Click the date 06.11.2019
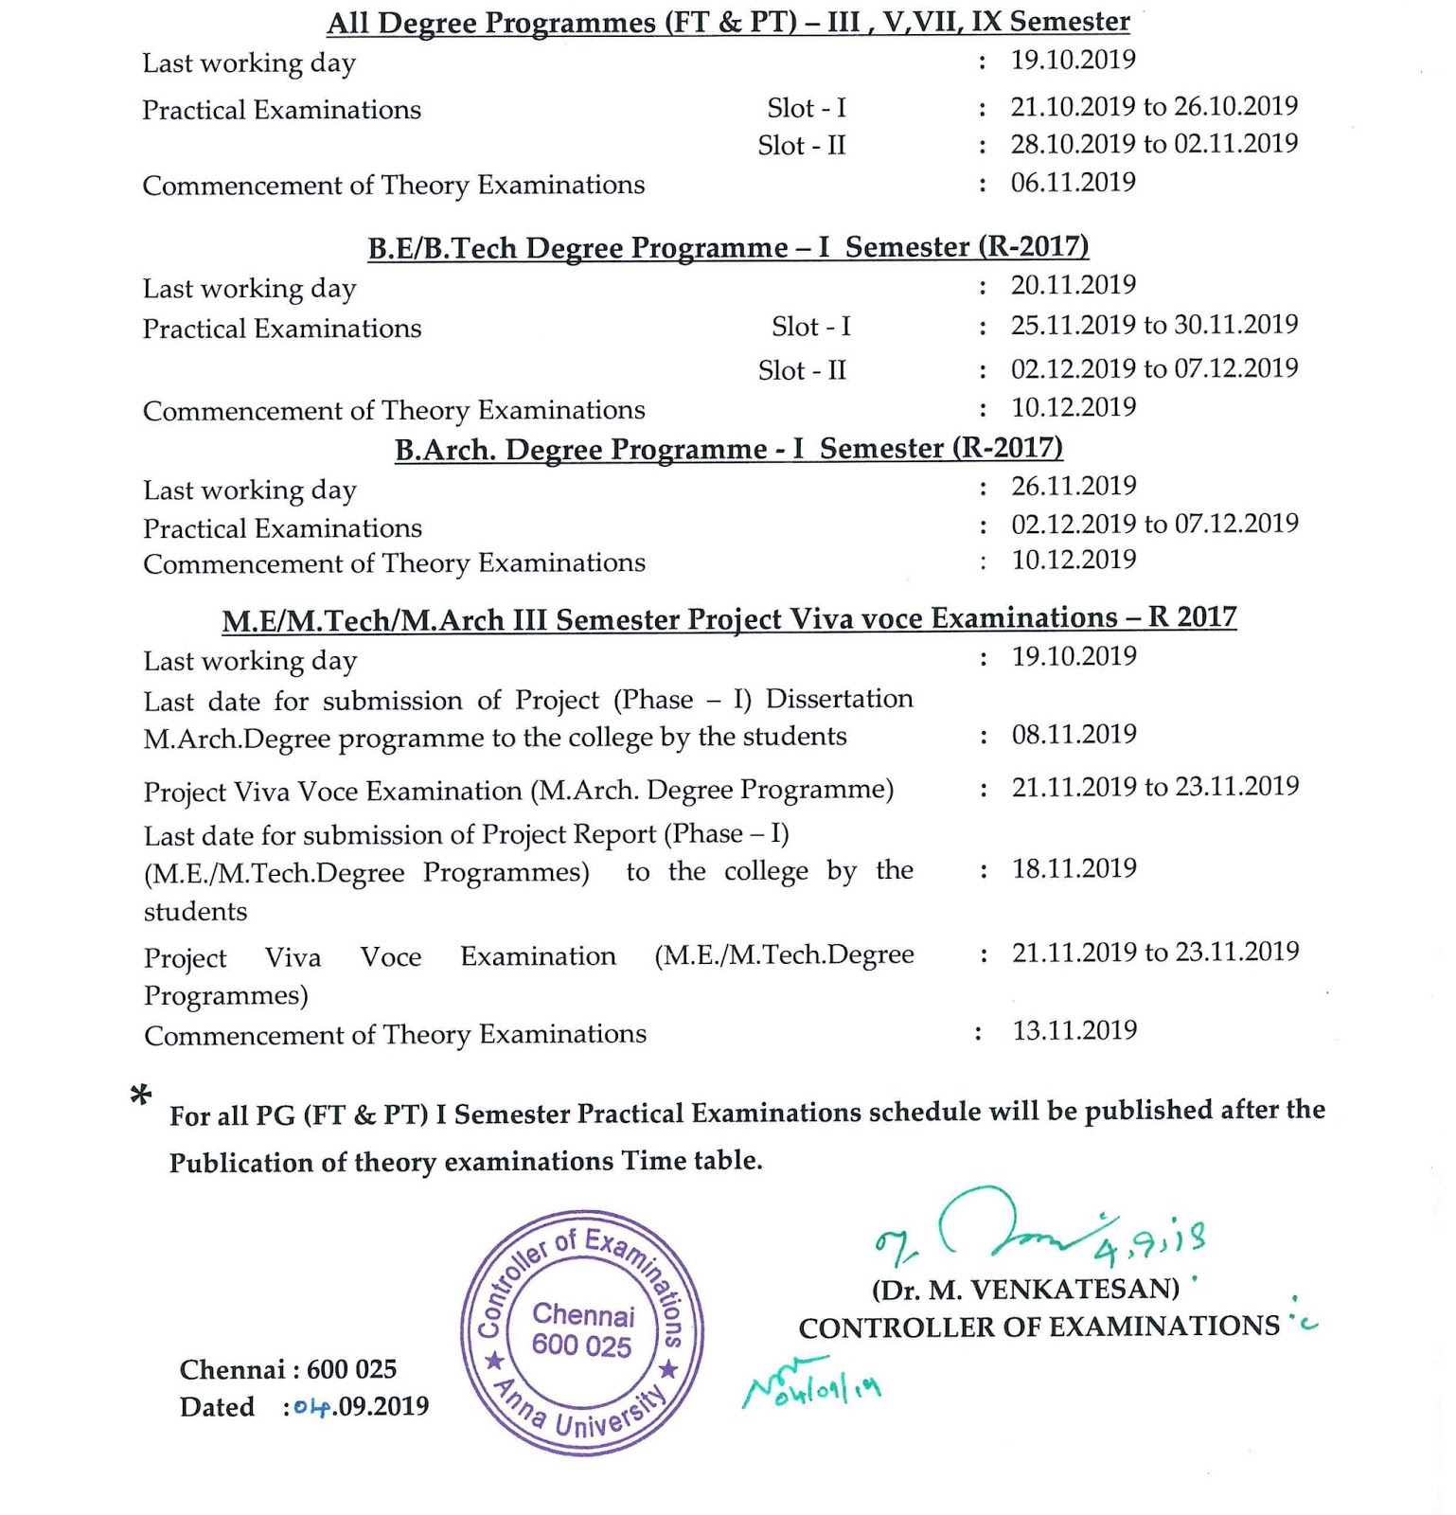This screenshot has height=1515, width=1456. point(1073,182)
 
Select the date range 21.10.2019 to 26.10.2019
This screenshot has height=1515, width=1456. point(1154,106)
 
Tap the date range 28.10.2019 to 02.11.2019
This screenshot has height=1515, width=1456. point(1154,144)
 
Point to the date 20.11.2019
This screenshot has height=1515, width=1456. point(1073,285)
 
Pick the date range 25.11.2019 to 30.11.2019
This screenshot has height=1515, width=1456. point(1154,325)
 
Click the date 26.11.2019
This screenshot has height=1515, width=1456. point(1074,486)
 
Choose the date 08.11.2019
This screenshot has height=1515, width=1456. point(1074,734)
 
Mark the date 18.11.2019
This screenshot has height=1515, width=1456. point(1074,868)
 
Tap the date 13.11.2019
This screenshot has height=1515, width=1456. point(1074,1030)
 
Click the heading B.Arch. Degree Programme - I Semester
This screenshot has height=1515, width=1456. point(728,449)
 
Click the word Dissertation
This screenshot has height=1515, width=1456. point(839,699)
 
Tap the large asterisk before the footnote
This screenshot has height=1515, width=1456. point(141,1096)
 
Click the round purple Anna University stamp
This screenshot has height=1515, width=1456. point(582,1333)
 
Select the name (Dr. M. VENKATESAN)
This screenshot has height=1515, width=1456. point(1025,1290)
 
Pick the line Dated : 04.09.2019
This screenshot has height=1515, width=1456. point(304,1407)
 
